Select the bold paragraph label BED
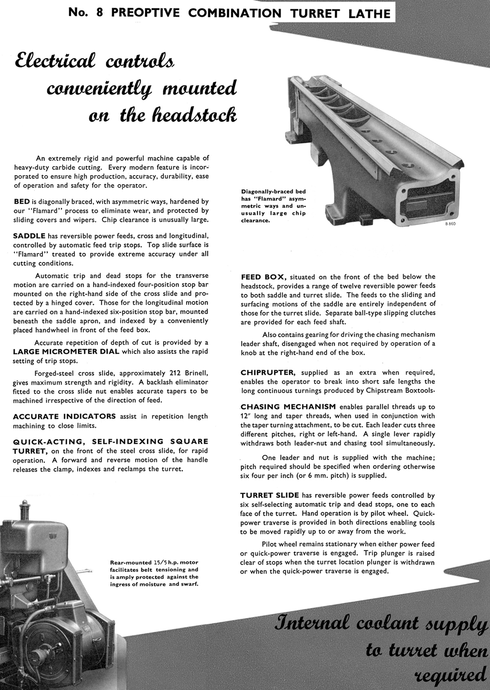[21, 201]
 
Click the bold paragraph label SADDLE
[29, 236]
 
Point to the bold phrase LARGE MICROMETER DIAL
[66, 352]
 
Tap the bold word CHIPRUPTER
[268, 372]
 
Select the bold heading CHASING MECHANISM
[288, 407]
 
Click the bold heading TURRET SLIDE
[269, 495]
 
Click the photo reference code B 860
[450, 223]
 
